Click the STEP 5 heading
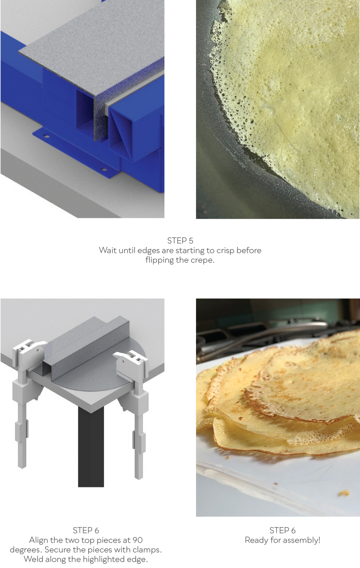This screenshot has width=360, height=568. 180,240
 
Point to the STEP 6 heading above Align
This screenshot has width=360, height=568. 86,530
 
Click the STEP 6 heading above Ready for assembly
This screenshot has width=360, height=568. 282,530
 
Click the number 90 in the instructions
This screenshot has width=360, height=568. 137,540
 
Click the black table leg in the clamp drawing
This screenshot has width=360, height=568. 91,448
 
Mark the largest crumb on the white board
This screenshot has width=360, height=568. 344,493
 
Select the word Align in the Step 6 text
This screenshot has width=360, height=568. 39,540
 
